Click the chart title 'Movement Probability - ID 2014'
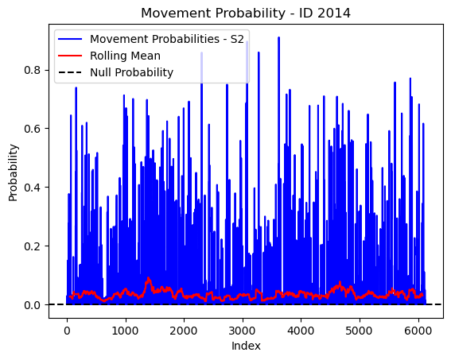coord(246,14)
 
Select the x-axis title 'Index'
coord(246,346)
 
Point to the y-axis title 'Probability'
coord(13,172)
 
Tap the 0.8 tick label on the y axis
coord(32,70)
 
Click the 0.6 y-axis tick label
coord(32,129)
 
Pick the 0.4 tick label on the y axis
coord(32,188)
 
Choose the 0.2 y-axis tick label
coord(32,246)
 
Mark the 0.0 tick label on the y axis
coord(32,305)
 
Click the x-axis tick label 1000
coord(125,331)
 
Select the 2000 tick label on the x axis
coord(184,331)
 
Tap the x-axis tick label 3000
coord(242,331)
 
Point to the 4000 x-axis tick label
coord(301,331)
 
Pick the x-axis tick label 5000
coord(360,331)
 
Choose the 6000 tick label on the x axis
coord(418,331)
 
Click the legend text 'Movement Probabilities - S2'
coord(167,39)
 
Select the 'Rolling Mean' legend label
coord(125,56)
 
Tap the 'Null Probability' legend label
coord(131,72)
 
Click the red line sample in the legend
coord(70,56)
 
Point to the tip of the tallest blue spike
coord(278,37)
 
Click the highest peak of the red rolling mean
coord(148,277)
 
